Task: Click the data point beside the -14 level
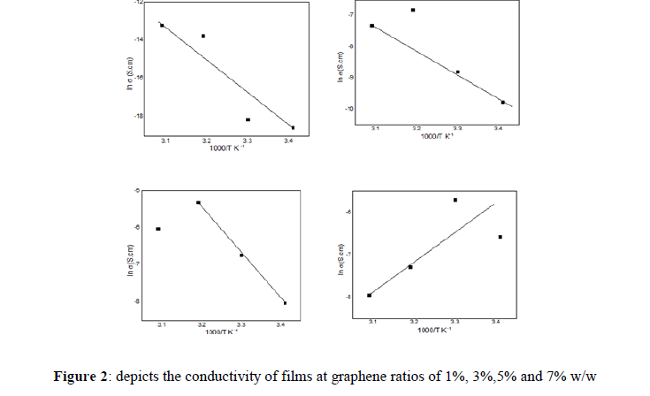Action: tap(203, 36)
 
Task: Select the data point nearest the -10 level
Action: tap(503, 103)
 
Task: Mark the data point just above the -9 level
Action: tap(457, 72)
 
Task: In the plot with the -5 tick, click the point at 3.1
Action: tap(158, 229)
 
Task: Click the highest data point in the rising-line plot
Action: tap(455, 200)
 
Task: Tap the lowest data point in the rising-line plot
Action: tap(369, 295)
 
